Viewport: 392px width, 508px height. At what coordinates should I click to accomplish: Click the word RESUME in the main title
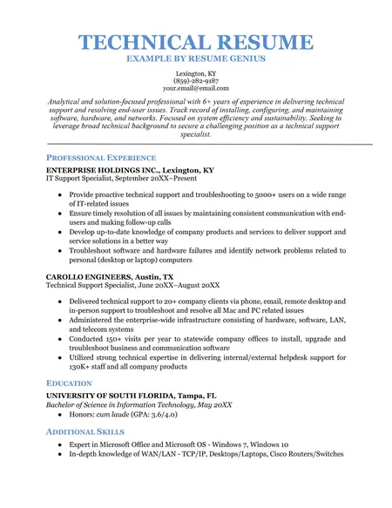coord(260,42)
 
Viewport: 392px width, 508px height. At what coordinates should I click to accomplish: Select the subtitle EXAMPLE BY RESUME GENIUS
coord(195,58)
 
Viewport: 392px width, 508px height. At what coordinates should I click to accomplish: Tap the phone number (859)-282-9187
coord(195,80)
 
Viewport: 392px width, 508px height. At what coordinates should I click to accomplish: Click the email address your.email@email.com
coord(195,88)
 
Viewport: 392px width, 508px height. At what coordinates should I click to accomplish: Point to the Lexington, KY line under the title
coord(195,72)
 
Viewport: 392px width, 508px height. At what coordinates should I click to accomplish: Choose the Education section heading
coord(69,383)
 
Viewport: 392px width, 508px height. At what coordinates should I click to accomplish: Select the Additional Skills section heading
coord(85,431)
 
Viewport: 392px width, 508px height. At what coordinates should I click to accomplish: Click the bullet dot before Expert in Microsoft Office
coord(58,444)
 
